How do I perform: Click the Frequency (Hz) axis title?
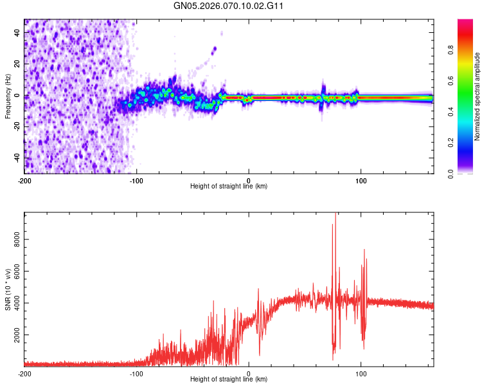pyautogui.click(x=8, y=96)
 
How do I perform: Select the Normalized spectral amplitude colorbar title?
pyautogui.click(x=477, y=96)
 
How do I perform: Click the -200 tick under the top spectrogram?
pyautogui.click(x=24, y=181)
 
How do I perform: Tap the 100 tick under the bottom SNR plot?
pyautogui.click(x=361, y=374)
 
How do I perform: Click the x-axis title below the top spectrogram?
pyautogui.click(x=229, y=187)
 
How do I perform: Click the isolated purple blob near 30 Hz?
pyautogui.click(x=214, y=49)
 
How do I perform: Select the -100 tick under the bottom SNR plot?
pyautogui.click(x=136, y=374)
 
